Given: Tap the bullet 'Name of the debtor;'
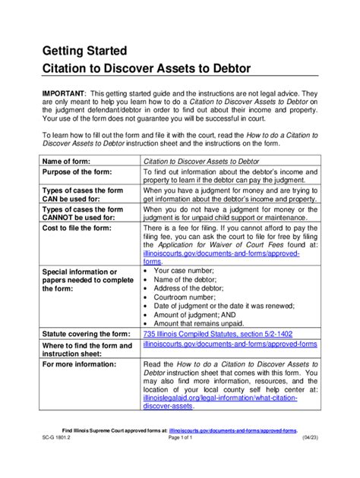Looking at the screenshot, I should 190,280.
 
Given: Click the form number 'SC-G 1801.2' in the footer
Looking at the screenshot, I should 59,459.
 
